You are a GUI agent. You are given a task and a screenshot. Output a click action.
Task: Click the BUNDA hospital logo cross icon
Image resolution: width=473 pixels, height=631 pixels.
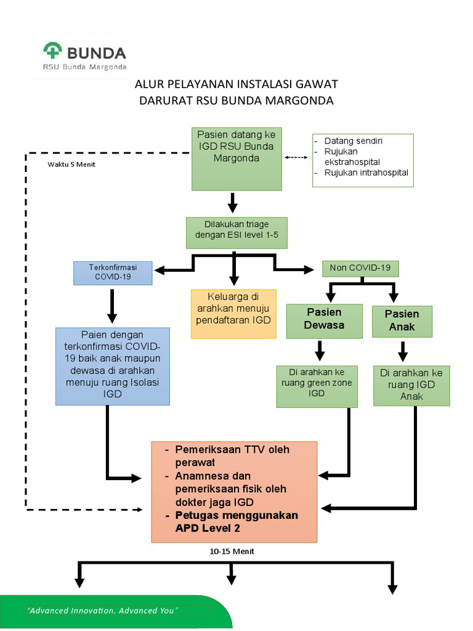point(53,52)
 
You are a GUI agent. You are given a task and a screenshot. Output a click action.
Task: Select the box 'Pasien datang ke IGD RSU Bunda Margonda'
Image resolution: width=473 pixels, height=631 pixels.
point(236,158)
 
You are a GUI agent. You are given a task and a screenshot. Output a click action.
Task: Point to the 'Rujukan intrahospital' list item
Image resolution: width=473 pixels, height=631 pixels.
point(366,173)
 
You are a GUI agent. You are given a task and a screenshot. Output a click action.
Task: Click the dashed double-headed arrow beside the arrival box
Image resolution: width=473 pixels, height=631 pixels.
point(296,157)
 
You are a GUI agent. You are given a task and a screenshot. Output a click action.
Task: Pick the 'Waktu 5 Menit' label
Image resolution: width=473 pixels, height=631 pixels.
point(71,165)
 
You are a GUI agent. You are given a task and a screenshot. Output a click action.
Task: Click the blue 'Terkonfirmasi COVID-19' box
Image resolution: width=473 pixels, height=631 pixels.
point(112,272)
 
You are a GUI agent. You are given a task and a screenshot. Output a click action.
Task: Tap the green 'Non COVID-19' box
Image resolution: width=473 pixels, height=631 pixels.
point(360,268)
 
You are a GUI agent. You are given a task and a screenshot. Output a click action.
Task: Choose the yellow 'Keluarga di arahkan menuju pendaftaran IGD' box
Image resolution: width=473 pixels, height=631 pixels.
point(233,313)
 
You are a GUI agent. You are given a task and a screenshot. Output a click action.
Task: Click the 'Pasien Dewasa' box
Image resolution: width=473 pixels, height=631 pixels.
point(324,319)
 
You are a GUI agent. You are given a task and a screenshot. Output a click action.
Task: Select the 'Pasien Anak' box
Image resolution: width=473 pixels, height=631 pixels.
point(402,320)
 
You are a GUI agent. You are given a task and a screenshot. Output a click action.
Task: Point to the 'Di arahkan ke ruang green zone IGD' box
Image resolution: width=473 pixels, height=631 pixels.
point(317,386)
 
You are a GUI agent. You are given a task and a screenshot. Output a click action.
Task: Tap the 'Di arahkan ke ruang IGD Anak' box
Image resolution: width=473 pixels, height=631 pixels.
point(411,385)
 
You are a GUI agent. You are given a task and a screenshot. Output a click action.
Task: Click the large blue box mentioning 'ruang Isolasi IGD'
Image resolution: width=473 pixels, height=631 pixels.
point(112,366)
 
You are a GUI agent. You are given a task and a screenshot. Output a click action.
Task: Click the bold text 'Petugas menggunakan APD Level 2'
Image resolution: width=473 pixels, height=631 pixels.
point(236,521)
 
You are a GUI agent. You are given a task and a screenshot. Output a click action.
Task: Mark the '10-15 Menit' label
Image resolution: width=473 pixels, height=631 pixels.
point(232,552)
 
